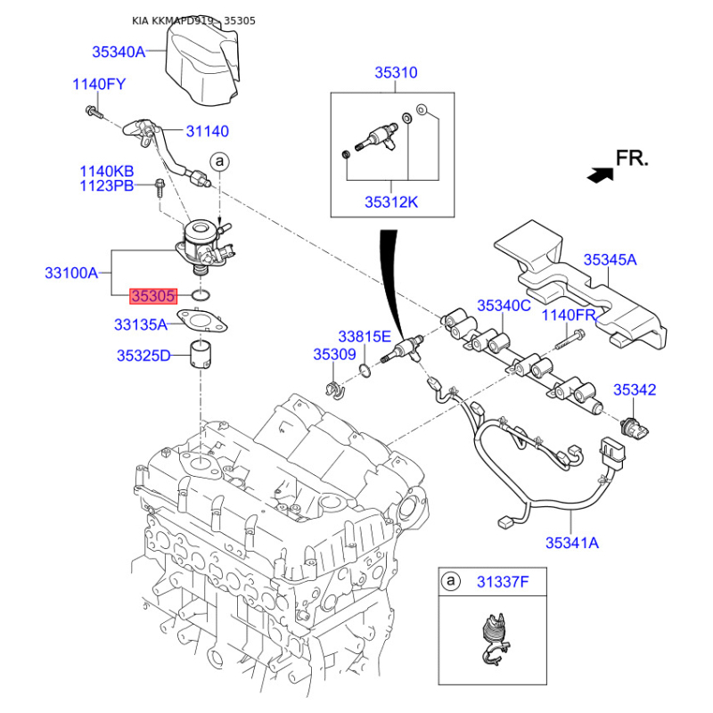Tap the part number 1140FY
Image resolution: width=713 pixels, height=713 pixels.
98,86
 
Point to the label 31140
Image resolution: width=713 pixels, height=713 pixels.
207,131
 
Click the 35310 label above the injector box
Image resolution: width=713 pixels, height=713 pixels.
396,73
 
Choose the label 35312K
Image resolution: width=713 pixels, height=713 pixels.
390,202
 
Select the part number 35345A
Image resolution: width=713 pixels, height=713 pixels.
611,260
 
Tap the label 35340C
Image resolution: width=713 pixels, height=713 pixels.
504,306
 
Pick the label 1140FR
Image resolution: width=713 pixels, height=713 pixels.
570,315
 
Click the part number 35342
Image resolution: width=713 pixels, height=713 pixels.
635,389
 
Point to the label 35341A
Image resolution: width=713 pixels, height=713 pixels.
572,541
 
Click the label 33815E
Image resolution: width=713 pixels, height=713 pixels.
365,336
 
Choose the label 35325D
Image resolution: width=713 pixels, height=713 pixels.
143,356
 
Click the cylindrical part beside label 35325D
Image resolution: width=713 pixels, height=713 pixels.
203,355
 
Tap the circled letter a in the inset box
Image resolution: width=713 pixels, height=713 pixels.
452,582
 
